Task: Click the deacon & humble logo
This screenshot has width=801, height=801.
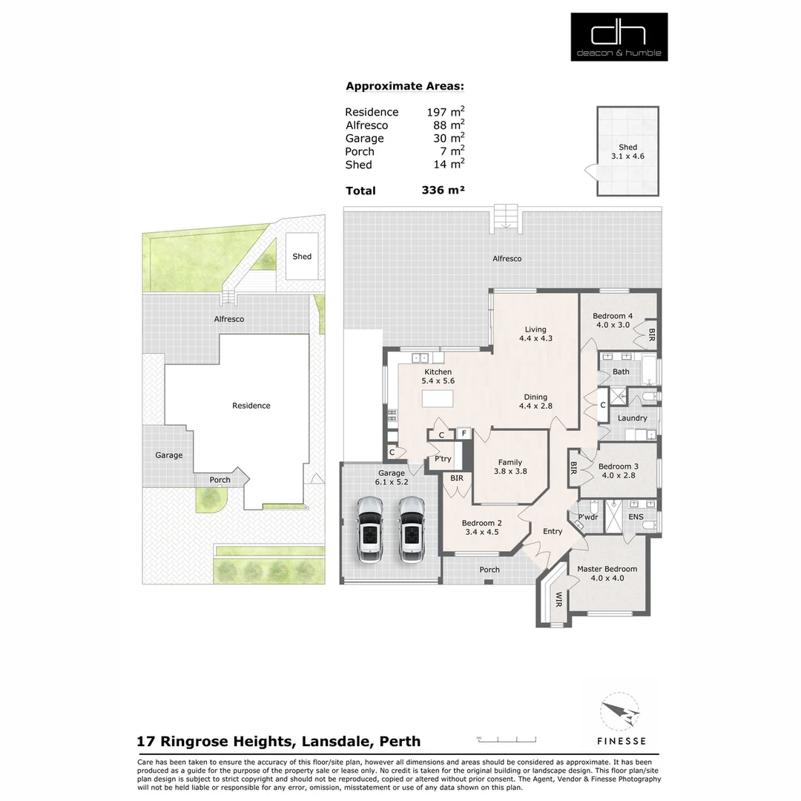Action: pos(619,36)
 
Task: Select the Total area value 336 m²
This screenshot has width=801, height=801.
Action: pos(443,191)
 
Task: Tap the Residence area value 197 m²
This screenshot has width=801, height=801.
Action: pos(445,112)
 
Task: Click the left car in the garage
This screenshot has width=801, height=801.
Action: pos(369,529)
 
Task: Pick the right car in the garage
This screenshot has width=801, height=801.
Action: pos(411,529)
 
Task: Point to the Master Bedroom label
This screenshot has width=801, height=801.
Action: pos(607,569)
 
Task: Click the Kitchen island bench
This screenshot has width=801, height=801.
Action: pos(438,398)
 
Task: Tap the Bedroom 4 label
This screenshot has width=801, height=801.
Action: pos(612,316)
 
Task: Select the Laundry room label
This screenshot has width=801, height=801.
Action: pos(632,418)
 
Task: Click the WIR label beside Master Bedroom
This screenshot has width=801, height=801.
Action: pos(558,599)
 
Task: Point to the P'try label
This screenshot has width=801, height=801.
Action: pos(443,460)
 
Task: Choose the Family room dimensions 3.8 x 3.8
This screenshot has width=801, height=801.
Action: pos(510,472)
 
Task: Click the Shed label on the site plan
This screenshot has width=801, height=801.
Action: pos(302,257)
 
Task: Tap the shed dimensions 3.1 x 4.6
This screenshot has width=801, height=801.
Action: pos(627,156)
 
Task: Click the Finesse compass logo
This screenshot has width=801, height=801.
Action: pos(620,714)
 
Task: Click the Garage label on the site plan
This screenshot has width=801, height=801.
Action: pos(168,455)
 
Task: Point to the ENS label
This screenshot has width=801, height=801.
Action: pos(636,516)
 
